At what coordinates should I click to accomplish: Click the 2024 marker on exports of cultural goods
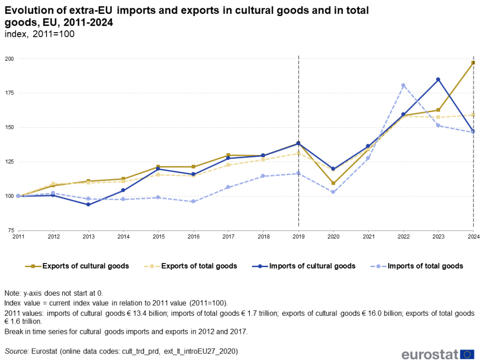point(473,63)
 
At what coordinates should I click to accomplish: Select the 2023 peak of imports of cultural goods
point(438,80)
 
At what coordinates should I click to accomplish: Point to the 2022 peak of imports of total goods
point(403,85)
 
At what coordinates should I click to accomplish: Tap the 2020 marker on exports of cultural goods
point(333,183)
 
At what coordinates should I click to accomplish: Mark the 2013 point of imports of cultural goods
point(88,205)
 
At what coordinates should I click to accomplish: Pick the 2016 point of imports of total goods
point(193,201)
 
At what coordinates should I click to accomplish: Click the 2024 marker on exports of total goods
point(473,115)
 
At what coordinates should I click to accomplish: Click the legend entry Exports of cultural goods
point(85,266)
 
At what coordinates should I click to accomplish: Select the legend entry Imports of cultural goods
point(312,266)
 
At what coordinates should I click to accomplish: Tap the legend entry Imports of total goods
point(425,266)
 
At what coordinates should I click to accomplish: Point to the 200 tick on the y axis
point(9,59)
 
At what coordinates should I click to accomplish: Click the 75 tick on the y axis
point(11,230)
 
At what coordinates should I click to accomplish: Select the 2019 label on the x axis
point(299,236)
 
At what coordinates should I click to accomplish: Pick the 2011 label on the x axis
point(18,236)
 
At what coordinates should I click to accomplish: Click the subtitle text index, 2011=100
point(39,34)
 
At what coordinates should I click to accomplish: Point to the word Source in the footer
point(16,351)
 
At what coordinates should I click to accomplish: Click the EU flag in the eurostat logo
point(468,354)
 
